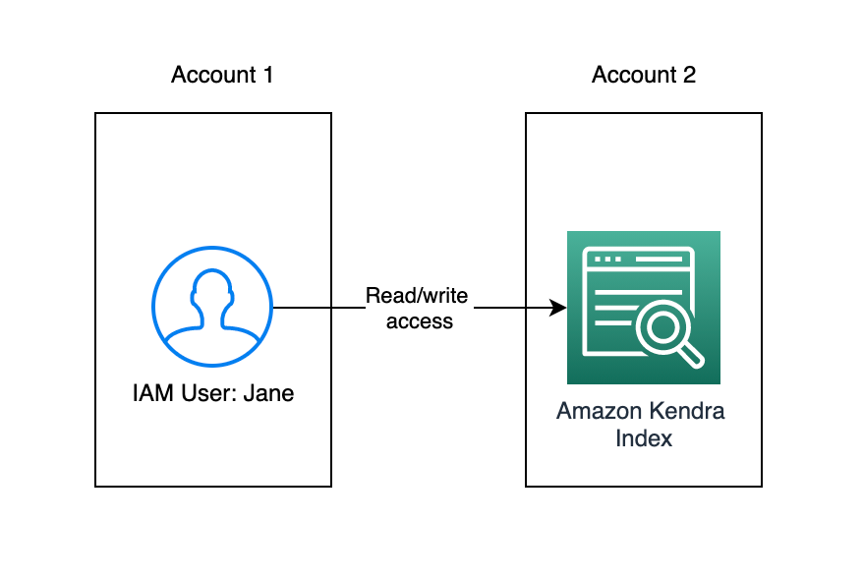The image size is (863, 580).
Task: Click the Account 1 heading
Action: [222, 75]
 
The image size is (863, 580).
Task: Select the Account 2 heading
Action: [644, 75]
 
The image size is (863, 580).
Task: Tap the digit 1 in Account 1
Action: [267, 75]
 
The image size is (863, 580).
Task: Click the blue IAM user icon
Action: [212, 307]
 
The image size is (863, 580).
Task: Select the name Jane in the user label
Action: [269, 394]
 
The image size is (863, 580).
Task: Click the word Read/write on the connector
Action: [418, 296]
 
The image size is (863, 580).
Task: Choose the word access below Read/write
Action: [420, 320]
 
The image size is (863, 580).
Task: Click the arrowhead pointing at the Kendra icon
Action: [559, 308]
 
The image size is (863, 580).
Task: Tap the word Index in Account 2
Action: [644, 437]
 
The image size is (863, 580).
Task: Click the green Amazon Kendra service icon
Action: [644, 308]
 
